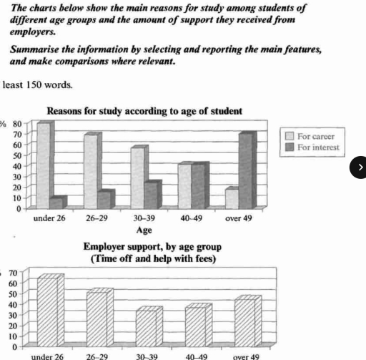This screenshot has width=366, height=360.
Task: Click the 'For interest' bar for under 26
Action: tap(59, 203)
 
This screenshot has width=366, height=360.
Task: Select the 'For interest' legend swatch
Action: tap(290, 147)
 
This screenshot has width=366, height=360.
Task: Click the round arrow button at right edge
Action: tap(360, 167)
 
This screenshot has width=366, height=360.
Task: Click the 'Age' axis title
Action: tap(144, 230)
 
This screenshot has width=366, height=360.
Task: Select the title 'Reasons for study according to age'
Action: tap(144, 111)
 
